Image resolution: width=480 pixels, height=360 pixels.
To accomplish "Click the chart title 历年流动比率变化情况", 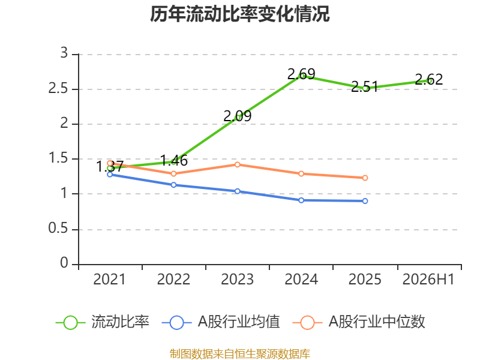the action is (239, 14).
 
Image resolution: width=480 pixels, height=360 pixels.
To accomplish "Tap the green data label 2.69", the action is (301, 74).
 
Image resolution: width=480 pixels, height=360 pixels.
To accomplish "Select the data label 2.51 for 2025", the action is (365, 86).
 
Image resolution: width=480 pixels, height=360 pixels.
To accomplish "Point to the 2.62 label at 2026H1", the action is (429, 80).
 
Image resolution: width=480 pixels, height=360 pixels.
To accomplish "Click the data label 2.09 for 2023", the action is (237, 116).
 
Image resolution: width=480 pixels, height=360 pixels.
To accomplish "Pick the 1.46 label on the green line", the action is (173, 160).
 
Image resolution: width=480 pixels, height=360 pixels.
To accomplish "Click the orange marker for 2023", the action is (237, 164).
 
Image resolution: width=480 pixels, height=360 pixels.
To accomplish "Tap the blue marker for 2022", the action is (173, 185).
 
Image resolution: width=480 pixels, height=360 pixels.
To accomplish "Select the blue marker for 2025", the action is (365, 201).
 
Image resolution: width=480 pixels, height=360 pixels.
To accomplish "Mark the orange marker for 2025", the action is (365, 178).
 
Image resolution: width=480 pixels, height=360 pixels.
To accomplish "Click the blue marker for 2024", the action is (301, 200).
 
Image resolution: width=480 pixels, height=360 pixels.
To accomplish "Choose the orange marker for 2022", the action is (173, 173).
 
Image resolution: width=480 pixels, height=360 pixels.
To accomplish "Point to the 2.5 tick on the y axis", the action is (58, 89).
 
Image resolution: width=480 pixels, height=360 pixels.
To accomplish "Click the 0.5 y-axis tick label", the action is (58, 229).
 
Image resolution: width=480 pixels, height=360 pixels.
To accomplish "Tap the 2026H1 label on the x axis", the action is (428, 280).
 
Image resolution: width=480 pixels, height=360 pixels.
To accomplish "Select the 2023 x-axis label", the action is (237, 280).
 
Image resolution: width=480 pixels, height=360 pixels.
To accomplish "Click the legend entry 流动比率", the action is (103, 322).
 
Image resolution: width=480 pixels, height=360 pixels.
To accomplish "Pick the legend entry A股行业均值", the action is (221, 322).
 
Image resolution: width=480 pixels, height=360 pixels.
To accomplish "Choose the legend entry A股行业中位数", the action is (359, 322).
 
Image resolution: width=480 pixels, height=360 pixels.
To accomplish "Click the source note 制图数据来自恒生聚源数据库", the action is (240, 354).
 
